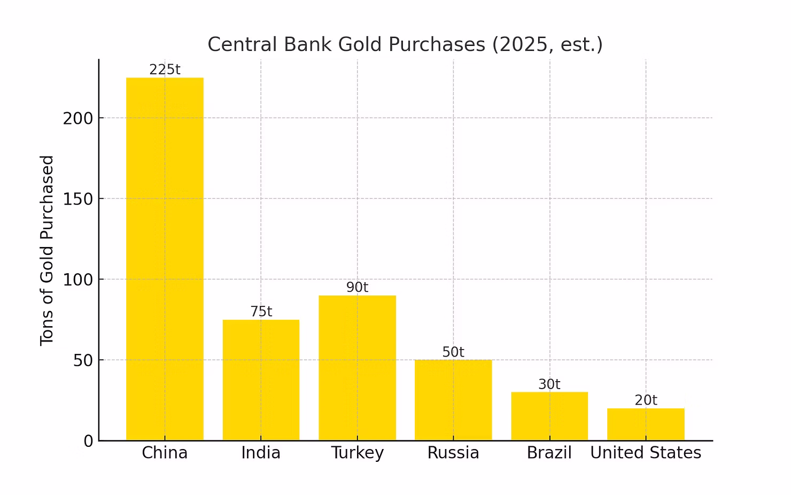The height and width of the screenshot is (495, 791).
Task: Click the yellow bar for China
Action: (165, 259)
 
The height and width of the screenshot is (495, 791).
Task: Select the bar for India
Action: (261, 380)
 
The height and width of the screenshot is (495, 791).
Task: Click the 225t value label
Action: (165, 69)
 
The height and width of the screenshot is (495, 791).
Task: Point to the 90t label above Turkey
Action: (357, 287)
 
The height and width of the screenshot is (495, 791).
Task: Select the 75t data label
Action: (261, 311)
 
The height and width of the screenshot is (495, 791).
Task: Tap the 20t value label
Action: (646, 400)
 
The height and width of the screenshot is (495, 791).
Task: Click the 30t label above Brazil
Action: (549, 384)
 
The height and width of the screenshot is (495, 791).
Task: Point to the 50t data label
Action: (453, 352)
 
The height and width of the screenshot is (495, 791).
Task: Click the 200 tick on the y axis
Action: (78, 118)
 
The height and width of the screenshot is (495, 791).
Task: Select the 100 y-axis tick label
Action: (78, 280)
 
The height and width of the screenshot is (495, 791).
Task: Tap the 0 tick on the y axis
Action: (88, 441)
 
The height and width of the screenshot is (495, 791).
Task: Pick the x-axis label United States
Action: (646, 453)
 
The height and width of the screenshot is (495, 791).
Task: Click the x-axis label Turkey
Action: (357, 453)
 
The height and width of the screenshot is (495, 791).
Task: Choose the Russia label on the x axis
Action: (453, 453)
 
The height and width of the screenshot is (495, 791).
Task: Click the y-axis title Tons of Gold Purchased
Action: (47, 250)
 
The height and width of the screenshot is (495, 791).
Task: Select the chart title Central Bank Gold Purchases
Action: (405, 44)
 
